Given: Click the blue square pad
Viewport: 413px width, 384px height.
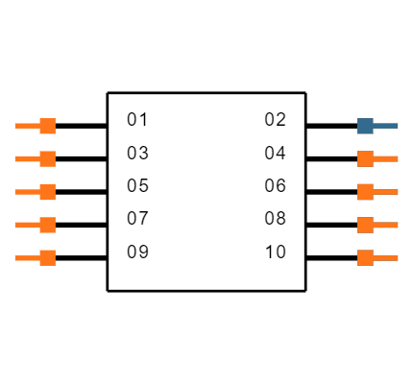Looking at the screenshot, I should [365, 126].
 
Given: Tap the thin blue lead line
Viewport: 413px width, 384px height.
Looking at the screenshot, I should [386, 126].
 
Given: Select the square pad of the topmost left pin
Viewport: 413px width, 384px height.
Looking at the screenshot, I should [47, 126].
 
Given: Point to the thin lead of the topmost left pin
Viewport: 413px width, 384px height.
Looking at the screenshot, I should [27, 126].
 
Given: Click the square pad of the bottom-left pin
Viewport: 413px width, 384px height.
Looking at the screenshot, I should [47, 257].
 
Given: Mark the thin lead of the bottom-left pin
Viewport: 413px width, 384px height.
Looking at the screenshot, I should [27, 257].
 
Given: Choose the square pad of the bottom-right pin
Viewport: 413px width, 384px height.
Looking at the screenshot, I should [365, 257].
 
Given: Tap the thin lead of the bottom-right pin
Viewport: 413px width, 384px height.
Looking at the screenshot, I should [386, 257].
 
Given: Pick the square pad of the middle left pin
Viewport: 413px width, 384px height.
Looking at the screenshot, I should [47, 192].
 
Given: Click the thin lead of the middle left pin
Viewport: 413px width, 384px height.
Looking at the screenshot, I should [27, 192].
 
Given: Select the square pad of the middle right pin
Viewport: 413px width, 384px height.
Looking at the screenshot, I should [365, 192].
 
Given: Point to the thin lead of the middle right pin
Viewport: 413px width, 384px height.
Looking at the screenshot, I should [386, 192].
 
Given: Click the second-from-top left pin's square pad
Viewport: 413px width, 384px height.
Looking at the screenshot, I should [47, 158].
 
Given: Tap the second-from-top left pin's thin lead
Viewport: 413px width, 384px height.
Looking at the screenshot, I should [27, 158].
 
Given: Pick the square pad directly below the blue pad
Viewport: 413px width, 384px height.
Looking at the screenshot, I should [365, 158].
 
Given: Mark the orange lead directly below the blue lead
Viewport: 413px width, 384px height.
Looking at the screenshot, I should [386, 158].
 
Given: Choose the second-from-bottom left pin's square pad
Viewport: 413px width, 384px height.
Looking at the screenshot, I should [47, 225].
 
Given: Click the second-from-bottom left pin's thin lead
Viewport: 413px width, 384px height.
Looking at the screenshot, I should [27, 225].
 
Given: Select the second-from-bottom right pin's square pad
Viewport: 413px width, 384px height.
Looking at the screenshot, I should [365, 225].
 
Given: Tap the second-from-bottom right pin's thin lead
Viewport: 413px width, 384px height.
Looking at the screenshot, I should [386, 225].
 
